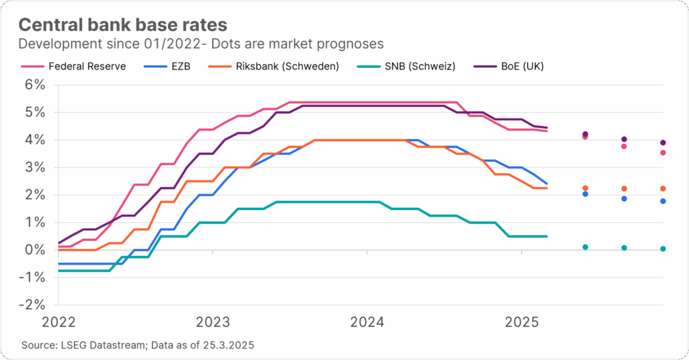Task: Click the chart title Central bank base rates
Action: (122, 24)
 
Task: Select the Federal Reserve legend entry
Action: (87, 67)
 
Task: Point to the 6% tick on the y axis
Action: (35, 85)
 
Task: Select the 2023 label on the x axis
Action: (213, 322)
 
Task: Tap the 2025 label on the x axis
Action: (521, 322)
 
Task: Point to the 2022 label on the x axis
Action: (59, 322)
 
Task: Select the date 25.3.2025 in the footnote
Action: (229, 345)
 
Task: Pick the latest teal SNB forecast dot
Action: (663, 249)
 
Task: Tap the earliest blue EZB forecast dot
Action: (585, 194)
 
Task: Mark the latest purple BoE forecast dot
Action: (663, 143)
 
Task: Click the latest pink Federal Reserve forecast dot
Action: (663, 153)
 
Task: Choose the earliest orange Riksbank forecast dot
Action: (585, 188)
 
